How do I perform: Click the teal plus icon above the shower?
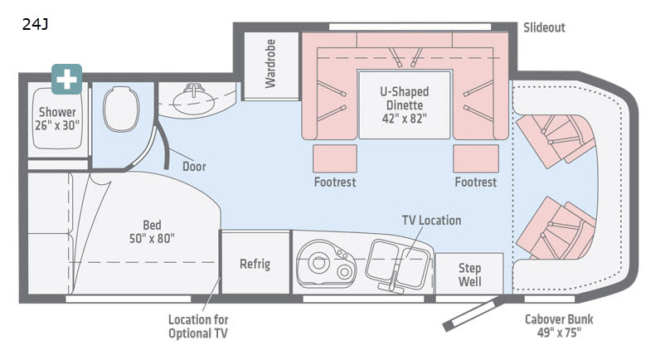click(x=66, y=79)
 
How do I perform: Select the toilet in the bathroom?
click(x=121, y=108)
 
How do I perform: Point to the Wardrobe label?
click(x=270, y=64)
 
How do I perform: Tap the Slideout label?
click(x=544, y=27)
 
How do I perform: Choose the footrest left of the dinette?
click(x=335, y=158)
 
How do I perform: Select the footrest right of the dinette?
click(x=475, y=158)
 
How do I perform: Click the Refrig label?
click(x=255, y=265)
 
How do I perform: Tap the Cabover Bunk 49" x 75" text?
click(x=559, y=326)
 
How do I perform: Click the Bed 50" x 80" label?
click(x=151, y=231)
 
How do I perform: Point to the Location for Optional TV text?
click(x=198, y=326)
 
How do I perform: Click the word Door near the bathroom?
click(x=194, y=166)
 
